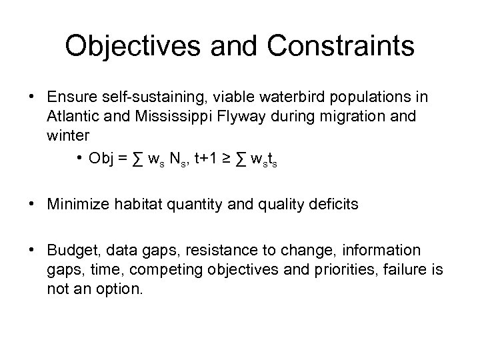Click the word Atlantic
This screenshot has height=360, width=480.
tap(72, 117)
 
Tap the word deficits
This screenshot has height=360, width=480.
tap(335, 204)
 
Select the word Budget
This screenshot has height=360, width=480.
tap(70, 251)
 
